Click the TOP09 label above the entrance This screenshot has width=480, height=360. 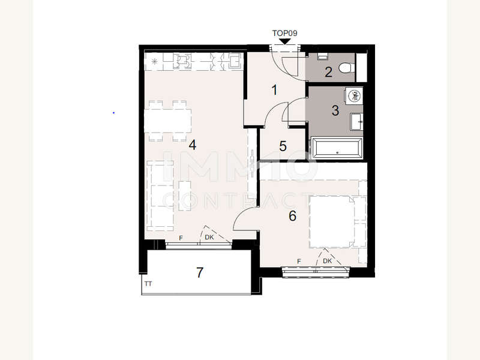(284, 33)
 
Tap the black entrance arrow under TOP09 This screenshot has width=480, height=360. (285, 41)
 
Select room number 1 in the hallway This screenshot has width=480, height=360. (274, 90)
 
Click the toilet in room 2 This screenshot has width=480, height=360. (347, 68)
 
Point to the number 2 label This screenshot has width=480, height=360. (328, 72)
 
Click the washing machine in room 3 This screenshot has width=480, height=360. (355, 96)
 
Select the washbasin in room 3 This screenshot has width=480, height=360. (356, 122)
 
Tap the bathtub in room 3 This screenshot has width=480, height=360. (337, 148)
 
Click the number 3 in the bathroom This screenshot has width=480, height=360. (335, 110)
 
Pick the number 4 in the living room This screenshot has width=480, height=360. (192, 145)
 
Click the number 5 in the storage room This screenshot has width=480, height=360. (283, 146)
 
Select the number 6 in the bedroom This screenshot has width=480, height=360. (292, 216)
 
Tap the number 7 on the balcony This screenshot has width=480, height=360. (200, 272)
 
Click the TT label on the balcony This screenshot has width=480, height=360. (148, 284)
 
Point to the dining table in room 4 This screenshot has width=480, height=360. (168, 121)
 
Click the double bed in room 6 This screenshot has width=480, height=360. (332, 221)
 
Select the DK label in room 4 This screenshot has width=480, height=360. (209, 237)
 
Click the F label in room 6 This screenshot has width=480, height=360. (299, 262)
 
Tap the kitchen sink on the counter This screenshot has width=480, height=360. (235, 61)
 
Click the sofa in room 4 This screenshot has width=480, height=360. (160, 196)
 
